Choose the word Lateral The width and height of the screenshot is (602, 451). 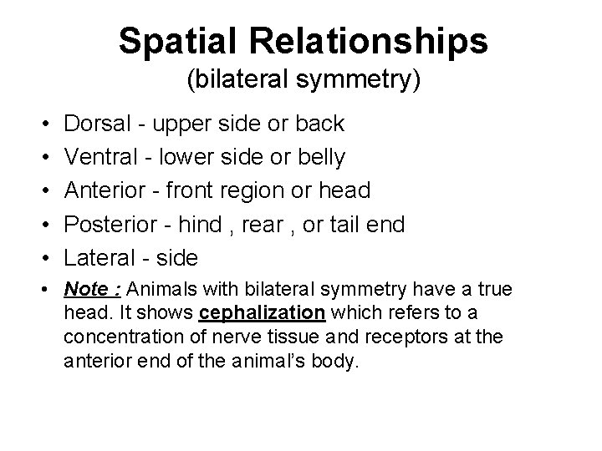(x=101, y=258)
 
